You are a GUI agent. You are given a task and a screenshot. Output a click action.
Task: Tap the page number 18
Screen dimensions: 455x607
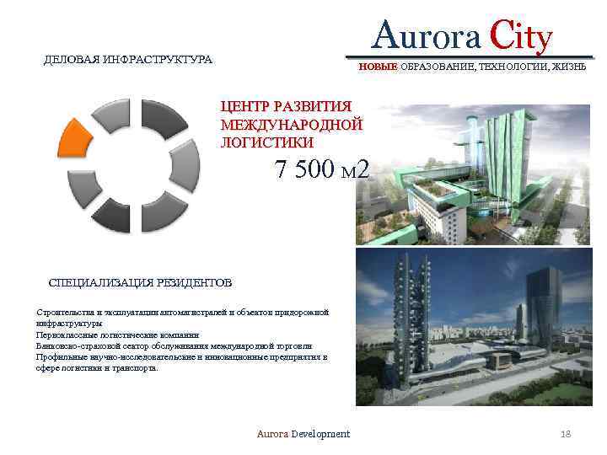coord(566,433)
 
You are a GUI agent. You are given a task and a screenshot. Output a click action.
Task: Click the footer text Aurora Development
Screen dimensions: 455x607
coord(303,433)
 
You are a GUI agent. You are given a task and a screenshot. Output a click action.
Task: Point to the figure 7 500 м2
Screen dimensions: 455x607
coord(322,169)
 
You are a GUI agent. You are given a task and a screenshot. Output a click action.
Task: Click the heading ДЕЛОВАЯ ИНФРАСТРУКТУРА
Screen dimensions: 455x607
coord(128,60)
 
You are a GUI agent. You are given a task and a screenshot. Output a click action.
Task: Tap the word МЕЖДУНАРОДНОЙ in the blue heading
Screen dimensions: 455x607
coord(291,125)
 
